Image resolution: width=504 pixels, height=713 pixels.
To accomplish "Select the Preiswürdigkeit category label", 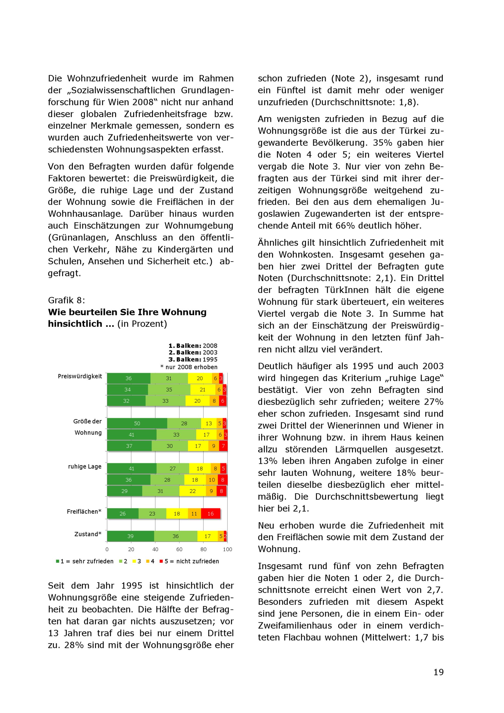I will [x=80, y=376].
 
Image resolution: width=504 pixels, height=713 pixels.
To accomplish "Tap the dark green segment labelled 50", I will [x=137, y=423].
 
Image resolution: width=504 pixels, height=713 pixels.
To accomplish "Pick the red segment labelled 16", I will [x=210, y=514].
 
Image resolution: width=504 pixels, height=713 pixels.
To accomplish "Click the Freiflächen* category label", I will [x=84, y=512].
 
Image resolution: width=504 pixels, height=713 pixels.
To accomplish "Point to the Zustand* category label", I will [x=88, y=534].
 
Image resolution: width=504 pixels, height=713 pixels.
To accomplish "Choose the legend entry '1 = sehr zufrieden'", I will [x=85, y=561].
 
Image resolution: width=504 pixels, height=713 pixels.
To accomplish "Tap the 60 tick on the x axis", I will [x=179, y=549].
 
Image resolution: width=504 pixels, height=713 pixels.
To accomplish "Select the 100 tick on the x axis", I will [x=228, y=549].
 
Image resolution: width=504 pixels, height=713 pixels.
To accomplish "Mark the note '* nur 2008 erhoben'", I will [x=189, y=367].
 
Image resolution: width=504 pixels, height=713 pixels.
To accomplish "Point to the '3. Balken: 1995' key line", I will [x=193, y=359].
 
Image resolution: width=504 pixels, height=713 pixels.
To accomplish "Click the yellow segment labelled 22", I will [x=193, y=491].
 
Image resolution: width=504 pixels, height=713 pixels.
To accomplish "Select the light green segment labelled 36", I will [x=175, y=536].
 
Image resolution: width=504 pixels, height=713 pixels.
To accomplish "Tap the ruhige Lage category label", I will [x=85, y=466].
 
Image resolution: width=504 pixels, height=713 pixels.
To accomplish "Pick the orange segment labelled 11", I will [x=194, y=514].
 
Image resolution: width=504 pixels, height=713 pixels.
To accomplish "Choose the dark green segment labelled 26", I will [x=122, y=514].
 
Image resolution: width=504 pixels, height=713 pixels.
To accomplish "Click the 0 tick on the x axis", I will [x=107, y=549].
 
